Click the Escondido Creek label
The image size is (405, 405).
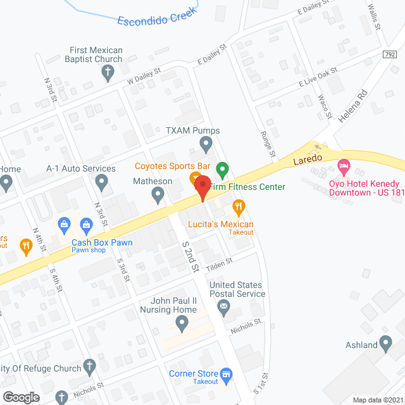click(x=158, y=18)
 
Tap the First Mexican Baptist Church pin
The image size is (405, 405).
click(x=108, y=73)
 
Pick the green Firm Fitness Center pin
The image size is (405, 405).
click(x=222, y=170)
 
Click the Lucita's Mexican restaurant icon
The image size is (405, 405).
click(x=239, y=206)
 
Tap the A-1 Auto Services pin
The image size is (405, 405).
click(x=101, y=184)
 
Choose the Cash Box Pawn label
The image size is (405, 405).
click(x=102, y=242)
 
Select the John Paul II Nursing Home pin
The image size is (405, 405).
click(x=182, y=325)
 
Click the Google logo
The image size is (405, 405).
click(x=21, y=397)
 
